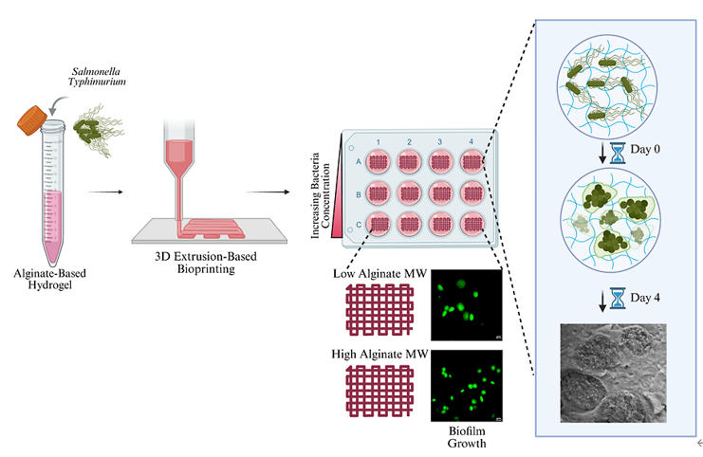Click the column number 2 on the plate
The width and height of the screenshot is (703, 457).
click(409, 141)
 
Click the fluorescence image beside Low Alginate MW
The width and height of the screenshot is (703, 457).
click(467, 304)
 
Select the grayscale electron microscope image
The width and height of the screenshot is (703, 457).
click(612, 372)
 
